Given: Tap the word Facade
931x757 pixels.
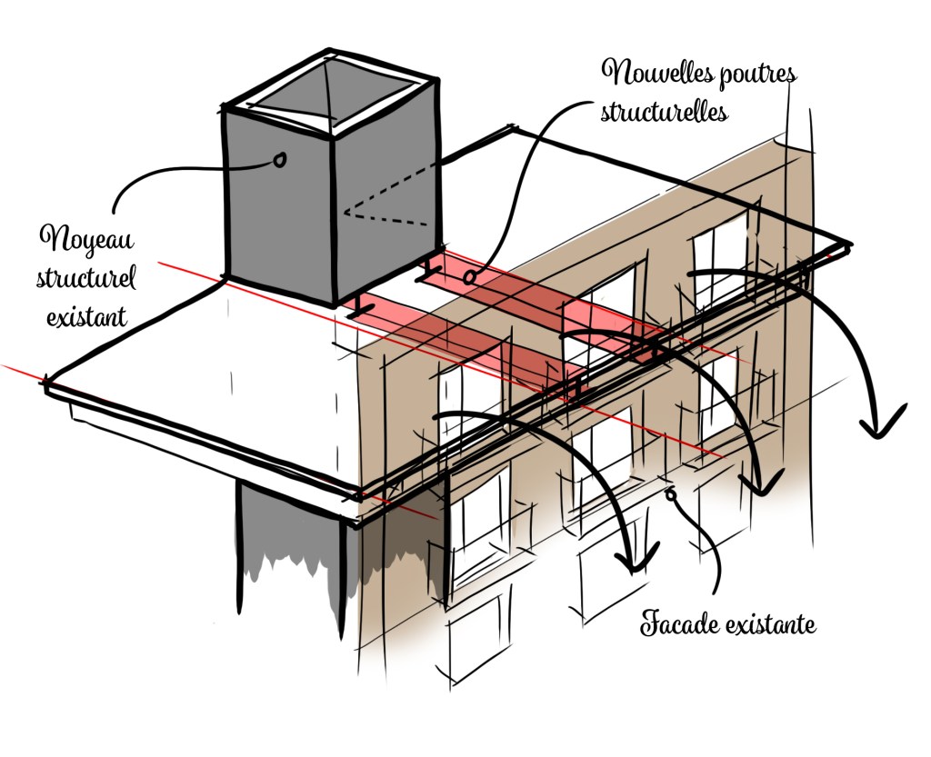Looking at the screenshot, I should (682, 625).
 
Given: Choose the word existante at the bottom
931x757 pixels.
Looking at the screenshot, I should (773, 625).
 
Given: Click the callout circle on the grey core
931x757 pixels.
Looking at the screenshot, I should (279, 160).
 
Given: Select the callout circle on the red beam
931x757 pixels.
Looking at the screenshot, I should (471, 274).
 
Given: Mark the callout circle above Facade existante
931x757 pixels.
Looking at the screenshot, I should (671, 495).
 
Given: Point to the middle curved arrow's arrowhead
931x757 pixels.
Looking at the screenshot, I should (763, 482).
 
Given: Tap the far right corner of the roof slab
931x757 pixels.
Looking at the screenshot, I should (848, 244).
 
